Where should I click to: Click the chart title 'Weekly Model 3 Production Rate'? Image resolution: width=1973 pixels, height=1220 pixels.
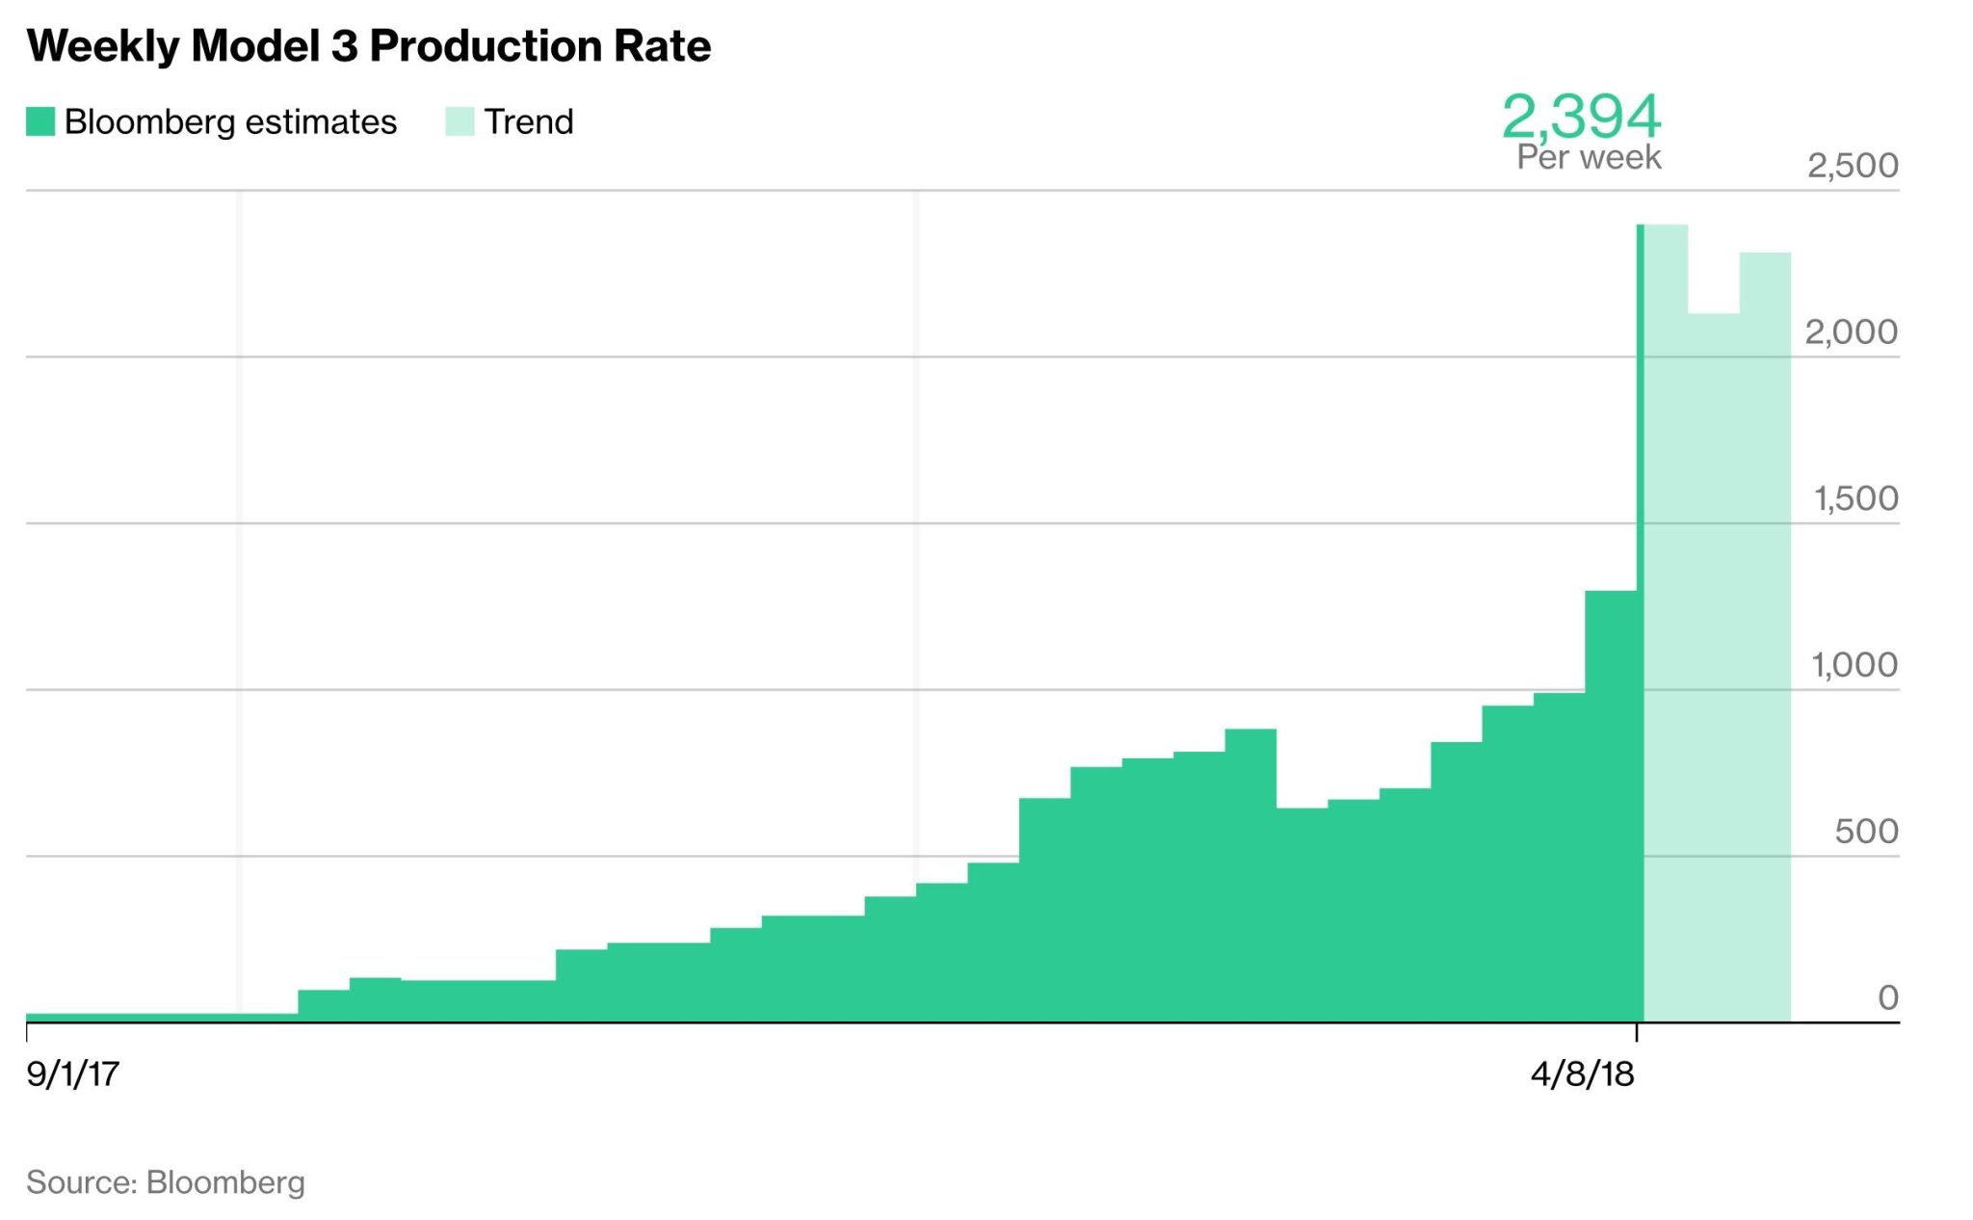point(369,46)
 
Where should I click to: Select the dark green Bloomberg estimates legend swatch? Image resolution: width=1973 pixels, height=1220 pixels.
point(40,122)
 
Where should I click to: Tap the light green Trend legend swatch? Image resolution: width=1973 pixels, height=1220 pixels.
point(460,122)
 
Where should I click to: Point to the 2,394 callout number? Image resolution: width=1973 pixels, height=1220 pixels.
point(1581,117)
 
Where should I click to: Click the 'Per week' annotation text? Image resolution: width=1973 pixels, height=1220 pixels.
point(1589,157)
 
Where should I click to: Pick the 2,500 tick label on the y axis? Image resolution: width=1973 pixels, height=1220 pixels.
point(1852,166)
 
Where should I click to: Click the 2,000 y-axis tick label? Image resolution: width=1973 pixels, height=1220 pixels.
point(1851,332)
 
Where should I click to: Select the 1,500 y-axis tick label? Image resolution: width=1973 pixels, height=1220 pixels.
point(1855,499)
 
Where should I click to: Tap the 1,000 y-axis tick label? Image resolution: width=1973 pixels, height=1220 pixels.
point(1855,665)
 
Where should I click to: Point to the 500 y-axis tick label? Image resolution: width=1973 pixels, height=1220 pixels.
point(1866,832)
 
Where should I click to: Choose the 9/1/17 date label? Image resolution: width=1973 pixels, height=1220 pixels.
point(73,1074)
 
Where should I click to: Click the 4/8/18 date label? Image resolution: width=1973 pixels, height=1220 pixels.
point(1582,1074)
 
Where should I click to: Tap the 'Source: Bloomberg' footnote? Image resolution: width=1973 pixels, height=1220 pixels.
point(166,1182)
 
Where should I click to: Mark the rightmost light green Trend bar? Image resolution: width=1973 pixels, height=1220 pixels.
point(1765,636)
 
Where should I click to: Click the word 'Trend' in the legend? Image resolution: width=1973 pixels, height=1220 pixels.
point(529,122)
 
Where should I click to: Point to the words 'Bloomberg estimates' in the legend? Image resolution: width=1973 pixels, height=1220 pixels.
point(230,122)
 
